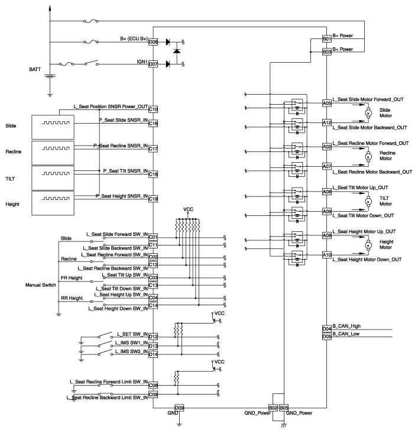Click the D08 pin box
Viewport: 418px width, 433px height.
[153, 43]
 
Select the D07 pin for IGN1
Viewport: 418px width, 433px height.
[153, 64]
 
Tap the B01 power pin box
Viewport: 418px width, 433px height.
[326, 39]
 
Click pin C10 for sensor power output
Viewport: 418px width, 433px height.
[153, 109]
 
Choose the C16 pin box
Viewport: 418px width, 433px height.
[153, 124]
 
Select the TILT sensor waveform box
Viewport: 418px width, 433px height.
[53, 177]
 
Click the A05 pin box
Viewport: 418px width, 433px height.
[326, 103]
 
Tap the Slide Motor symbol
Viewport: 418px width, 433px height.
[367, 112]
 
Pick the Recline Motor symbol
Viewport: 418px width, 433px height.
[367, 157]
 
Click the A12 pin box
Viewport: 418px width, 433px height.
[326, 122]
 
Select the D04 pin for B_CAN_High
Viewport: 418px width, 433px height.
[326, 329]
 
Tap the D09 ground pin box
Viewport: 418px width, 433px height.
[180, 408]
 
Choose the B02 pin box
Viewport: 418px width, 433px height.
[273, 408]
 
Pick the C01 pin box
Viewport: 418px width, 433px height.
[153, 238]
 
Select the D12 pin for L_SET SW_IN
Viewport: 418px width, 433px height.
[153, 337]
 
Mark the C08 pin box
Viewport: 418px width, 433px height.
[153, 384]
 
